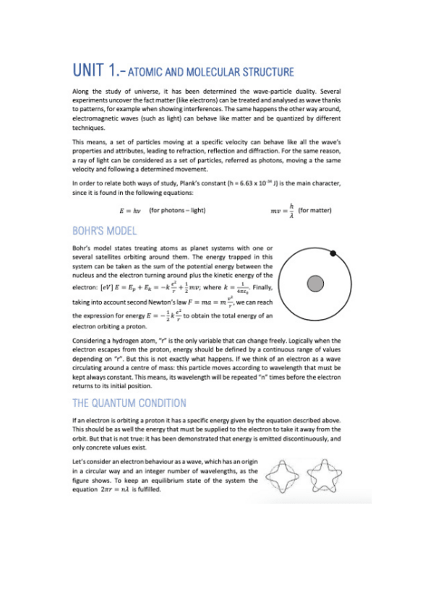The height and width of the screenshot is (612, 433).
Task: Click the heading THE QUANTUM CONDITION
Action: point(129,403)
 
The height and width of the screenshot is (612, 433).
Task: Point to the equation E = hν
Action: point(129,210)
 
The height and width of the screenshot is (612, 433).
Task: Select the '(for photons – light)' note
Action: point(178,210)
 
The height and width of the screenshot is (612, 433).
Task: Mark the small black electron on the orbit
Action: point(333,253)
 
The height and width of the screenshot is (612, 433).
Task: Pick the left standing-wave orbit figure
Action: point(283,475)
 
